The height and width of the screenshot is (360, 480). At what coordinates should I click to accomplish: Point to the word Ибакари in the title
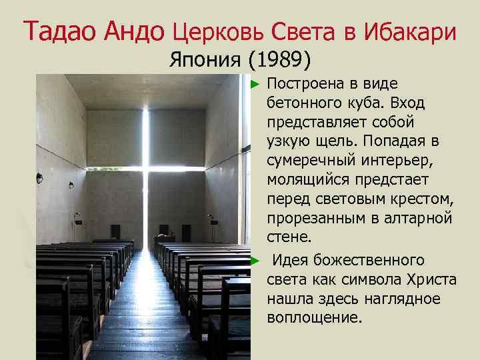click(411, 32)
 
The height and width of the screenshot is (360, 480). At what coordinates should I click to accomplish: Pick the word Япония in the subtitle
click(205, 61)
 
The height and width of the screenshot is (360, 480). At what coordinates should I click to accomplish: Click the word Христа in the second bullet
click(434, 279)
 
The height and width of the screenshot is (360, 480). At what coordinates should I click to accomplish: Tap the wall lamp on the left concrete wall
click(41, 178)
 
